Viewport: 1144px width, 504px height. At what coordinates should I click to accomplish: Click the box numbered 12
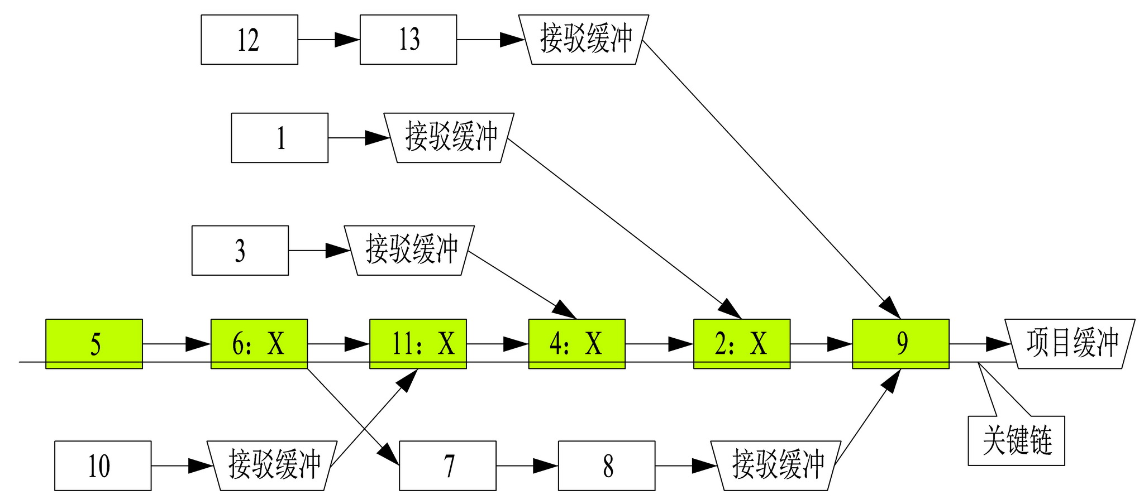(249, 40)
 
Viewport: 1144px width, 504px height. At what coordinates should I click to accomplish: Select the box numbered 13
(408, 40)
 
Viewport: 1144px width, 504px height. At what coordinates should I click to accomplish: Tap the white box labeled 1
(280, 138)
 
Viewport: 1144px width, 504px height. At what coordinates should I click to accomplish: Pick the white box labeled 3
(240, 251)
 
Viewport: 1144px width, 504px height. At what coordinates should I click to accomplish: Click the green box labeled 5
(94, 344)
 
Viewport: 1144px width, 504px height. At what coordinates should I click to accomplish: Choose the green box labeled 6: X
(259, 344)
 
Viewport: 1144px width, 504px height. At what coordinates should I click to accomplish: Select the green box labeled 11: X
(418, 344)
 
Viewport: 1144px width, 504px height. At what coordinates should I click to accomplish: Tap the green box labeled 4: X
(576, 344)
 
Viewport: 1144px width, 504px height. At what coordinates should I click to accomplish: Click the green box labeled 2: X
(742, 344)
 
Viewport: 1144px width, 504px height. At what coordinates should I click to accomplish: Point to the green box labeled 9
(900, 344)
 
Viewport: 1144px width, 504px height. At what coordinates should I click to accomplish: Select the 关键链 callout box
(1016, 441)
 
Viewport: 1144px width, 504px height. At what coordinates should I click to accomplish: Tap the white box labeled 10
(103, 465)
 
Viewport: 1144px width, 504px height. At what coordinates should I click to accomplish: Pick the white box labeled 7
(447, 465)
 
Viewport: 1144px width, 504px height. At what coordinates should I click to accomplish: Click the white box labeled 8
(607, 465)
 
